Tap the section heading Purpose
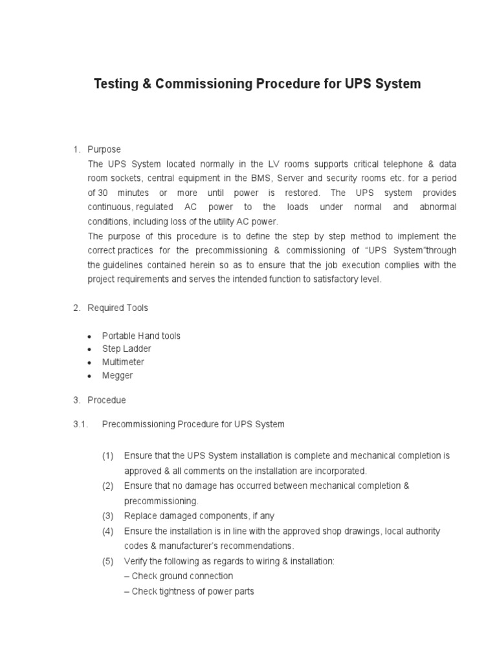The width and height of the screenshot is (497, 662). (x=104, y=150)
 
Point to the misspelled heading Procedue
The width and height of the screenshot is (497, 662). (x=107, y=400)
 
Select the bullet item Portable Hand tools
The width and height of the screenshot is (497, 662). (x=141, y=336)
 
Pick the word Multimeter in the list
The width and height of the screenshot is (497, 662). (x=123, y=362)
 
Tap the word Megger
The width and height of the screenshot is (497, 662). (x=117, y=376)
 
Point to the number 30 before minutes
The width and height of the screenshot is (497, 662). (x=103, y=193)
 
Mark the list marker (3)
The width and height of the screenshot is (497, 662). (x=107, y=516)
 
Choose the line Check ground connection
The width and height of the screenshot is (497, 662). (x=179, y=576)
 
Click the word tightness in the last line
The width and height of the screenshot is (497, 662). (x=175, y=591)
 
